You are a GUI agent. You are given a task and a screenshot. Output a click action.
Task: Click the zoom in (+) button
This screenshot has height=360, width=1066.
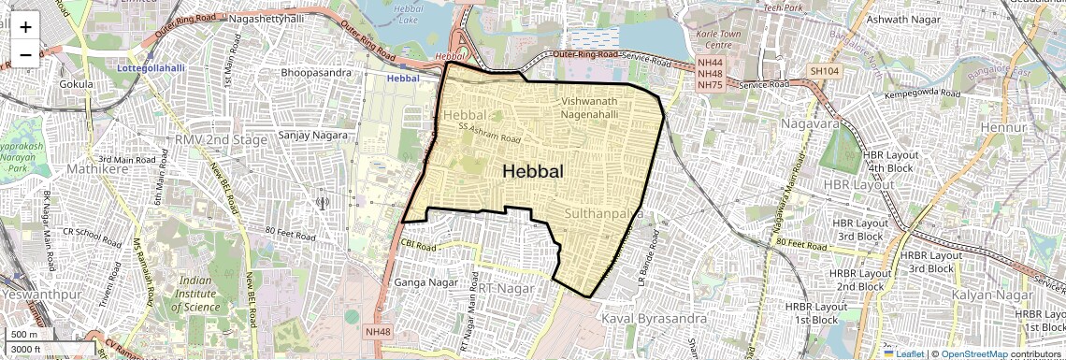(25, 27)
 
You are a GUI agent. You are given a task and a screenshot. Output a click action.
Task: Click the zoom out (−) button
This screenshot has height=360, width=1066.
(25, 54)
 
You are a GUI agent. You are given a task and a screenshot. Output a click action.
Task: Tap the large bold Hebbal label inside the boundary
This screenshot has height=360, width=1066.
(533, 171)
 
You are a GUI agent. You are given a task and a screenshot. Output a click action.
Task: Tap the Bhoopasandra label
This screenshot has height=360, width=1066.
(316, 72)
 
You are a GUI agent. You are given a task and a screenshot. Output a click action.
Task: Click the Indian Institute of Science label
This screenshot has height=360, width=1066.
(207, 293)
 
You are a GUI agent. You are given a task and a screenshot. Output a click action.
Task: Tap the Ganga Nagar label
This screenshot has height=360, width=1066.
(423, 281)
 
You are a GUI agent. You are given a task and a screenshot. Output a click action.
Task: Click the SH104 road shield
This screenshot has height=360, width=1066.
(825, 71)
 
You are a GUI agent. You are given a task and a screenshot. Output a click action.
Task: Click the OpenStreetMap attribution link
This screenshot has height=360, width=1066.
(974, 353)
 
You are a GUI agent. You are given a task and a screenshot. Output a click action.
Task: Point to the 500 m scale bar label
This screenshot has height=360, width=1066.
(24, 335)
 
